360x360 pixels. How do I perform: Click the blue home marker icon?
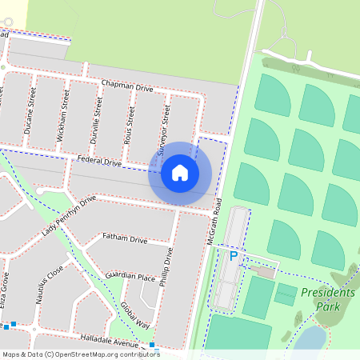click(x=180, y=173)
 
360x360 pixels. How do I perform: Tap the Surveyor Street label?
click(x=163, y=130)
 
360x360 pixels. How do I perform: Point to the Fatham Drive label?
click(x=125, y=239)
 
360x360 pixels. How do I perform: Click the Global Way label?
click(x=134, y=315)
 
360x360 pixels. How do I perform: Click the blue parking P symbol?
click(x=234, y=256)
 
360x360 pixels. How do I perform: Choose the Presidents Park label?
click(x=327, y=300)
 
